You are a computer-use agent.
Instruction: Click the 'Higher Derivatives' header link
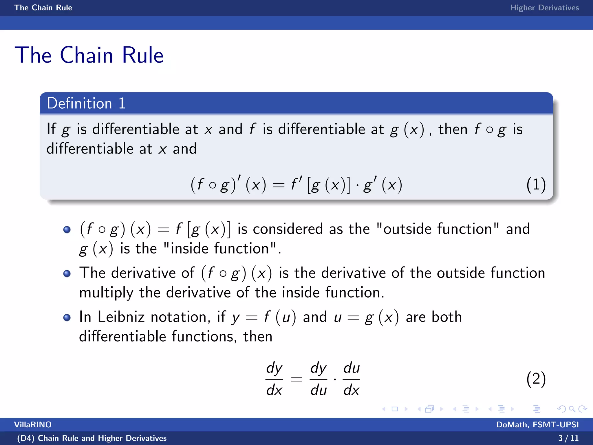(x=544, y=8)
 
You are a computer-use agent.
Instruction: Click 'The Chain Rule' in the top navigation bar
(x=43, y=8)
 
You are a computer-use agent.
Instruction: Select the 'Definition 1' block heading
(x=86, y=103)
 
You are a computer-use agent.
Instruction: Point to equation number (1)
(x=536, y=185)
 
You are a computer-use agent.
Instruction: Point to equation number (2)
(x=536, y=379)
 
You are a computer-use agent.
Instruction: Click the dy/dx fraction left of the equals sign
(x=274, y=379)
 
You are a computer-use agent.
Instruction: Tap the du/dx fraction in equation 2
(x=351, y=379)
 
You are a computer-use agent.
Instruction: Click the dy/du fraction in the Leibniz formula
(x=318, y=379)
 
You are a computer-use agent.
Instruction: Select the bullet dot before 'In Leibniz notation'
(x=67, y=318)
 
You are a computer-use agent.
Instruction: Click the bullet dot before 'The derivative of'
(x=67, y=273)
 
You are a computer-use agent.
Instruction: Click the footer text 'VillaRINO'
(x=33, y=425)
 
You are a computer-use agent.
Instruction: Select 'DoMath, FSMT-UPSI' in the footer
(x=537, y=425)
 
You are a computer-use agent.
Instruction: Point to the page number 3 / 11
(x=568, y=438)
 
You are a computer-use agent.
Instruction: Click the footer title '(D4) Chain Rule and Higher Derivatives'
(x=92, y=438)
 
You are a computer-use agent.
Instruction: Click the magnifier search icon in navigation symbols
(x=572, y=409)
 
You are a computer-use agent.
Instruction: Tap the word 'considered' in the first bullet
(x=288, y=229)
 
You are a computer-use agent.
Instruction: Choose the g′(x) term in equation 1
(x=382, y=185)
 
